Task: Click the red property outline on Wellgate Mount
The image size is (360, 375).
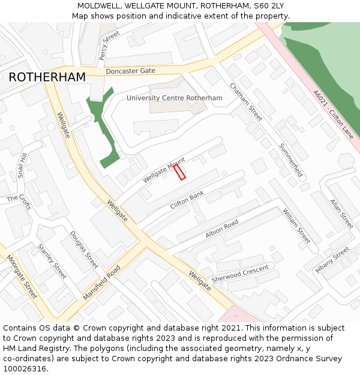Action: [179, 172]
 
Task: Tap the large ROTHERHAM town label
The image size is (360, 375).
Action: [47, 77]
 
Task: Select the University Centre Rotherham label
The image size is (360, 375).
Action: [174, 98]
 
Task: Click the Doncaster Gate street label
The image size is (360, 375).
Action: [130, 71]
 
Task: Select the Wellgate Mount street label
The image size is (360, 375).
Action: [164, 171]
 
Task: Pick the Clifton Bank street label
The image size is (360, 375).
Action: [187, 200]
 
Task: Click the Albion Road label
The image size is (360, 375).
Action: [222, 229]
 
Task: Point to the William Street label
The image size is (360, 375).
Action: [296, 226]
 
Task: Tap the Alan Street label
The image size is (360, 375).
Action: [341, 214]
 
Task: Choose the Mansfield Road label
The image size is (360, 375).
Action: [102, 283]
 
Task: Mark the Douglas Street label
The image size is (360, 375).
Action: [83, 250]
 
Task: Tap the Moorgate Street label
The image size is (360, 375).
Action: [22, 277]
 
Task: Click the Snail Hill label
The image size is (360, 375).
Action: [22, 166]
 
